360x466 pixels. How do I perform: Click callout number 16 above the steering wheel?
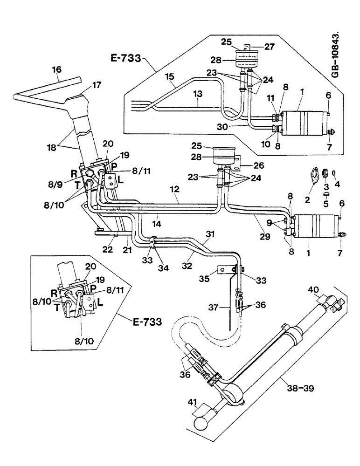coord(56,70)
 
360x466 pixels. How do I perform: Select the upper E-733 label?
coord(127,59)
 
